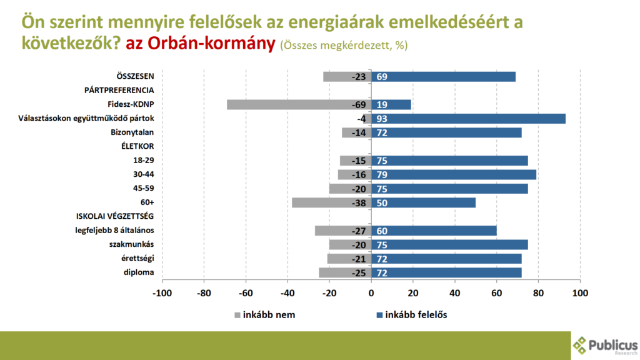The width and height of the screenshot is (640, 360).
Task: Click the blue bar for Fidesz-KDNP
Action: tap(392, 104)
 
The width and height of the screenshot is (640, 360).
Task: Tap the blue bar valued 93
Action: tap(469, 119)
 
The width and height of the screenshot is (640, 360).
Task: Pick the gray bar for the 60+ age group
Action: tap(331, 202)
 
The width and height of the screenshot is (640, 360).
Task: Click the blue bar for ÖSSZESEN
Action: tap(444, 76)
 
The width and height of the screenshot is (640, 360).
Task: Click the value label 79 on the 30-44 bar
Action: tap(382, 174)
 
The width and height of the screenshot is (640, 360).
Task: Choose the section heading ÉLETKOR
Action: tap(137, 146)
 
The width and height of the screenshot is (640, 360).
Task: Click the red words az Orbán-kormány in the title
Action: tap(200, 44)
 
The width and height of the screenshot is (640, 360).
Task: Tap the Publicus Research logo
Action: tap(605, 346)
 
